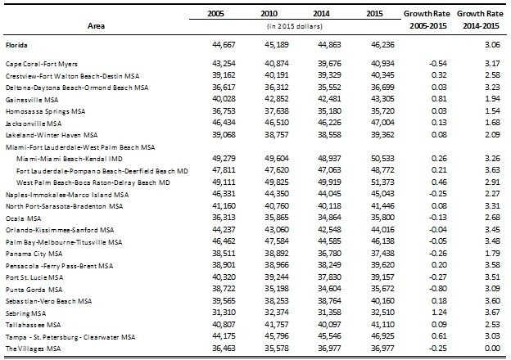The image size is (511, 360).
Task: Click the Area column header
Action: point(96,26)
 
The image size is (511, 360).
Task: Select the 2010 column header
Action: point(269,14)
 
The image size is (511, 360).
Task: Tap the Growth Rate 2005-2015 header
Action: point(427,20)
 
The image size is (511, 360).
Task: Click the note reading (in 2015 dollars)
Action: point(295,26)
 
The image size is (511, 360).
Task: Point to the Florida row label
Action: point(16,45)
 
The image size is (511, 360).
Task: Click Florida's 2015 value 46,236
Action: point(382,45)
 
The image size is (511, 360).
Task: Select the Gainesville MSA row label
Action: point(32,100)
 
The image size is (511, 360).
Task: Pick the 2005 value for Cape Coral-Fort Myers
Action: point(224,64)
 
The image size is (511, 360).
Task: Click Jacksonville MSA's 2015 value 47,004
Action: point(382,123)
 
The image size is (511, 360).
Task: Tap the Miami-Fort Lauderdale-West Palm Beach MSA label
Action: point(80,147)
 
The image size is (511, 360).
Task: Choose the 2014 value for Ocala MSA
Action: point(329,218)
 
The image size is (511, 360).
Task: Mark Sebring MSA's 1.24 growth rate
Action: point(439,313)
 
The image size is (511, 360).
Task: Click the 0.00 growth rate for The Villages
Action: point(492,349)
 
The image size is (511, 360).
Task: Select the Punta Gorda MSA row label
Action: point(34,290)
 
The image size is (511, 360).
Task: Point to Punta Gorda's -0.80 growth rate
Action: point(437,289)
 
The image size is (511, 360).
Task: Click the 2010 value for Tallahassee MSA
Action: point(276,325)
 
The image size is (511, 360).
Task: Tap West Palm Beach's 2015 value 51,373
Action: point(382,182)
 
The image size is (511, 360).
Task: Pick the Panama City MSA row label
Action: point(34,254)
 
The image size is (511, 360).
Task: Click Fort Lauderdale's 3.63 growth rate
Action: point(492,170)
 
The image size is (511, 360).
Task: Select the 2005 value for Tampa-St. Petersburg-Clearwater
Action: point(224,336)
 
